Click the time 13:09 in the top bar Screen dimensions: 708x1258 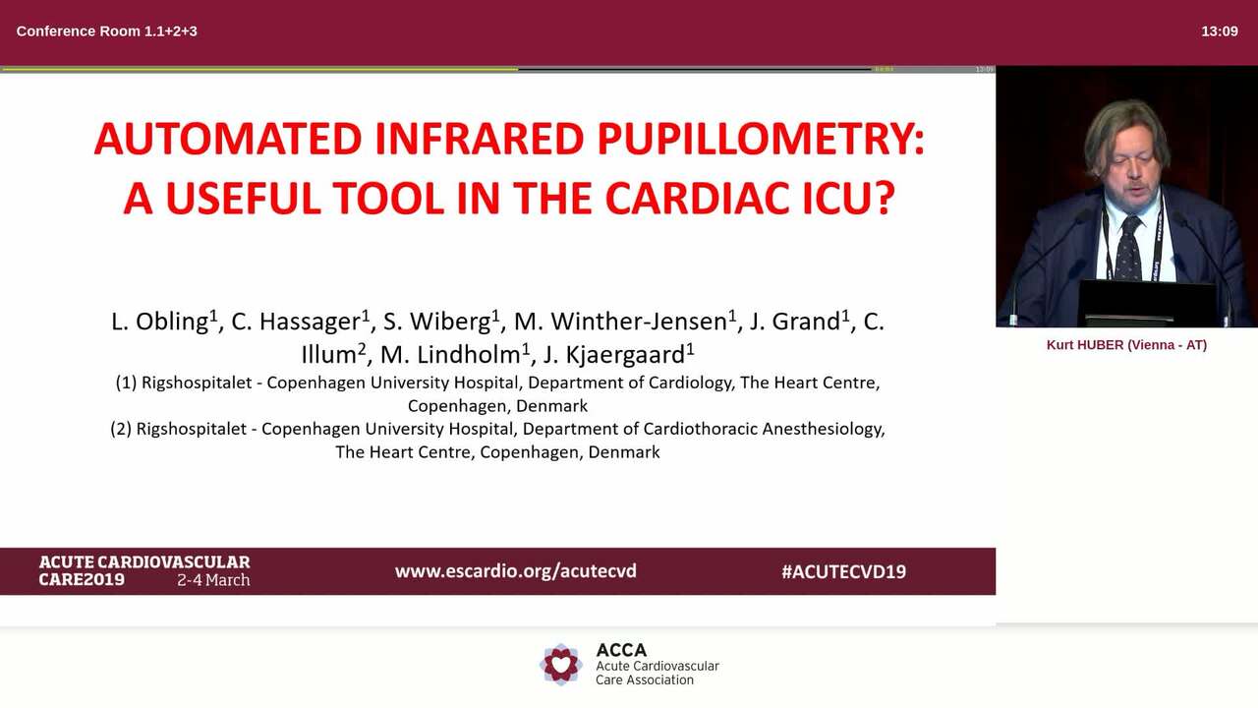(1219, 30)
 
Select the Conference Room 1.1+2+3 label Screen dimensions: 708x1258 (106, 30)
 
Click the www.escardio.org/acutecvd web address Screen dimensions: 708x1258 (515, 570)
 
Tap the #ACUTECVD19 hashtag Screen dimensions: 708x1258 (843, 571)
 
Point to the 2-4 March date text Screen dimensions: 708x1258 (213, 580)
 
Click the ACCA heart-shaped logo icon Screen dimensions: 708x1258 (561, 665)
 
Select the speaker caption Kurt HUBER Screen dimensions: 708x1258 (1126, 345)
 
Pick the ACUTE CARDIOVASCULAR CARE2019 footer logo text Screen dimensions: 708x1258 (143, 570)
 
